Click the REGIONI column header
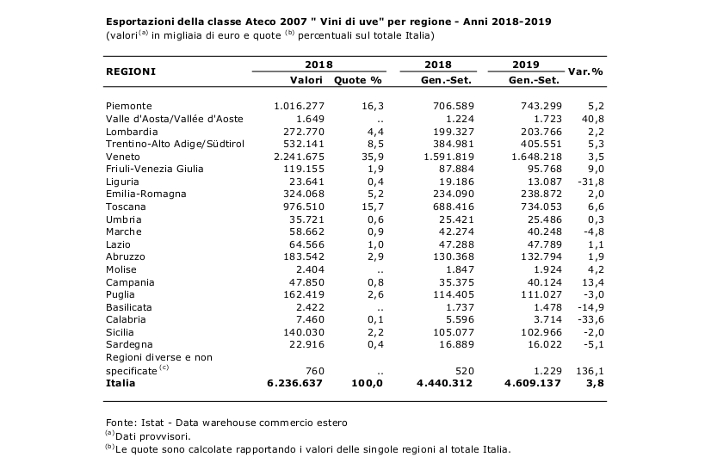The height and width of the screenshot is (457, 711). coord(131,71)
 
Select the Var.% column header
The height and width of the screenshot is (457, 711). coord(585,71)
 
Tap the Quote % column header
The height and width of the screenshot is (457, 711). coord(358,80)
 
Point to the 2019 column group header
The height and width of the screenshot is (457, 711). coord(525,65)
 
